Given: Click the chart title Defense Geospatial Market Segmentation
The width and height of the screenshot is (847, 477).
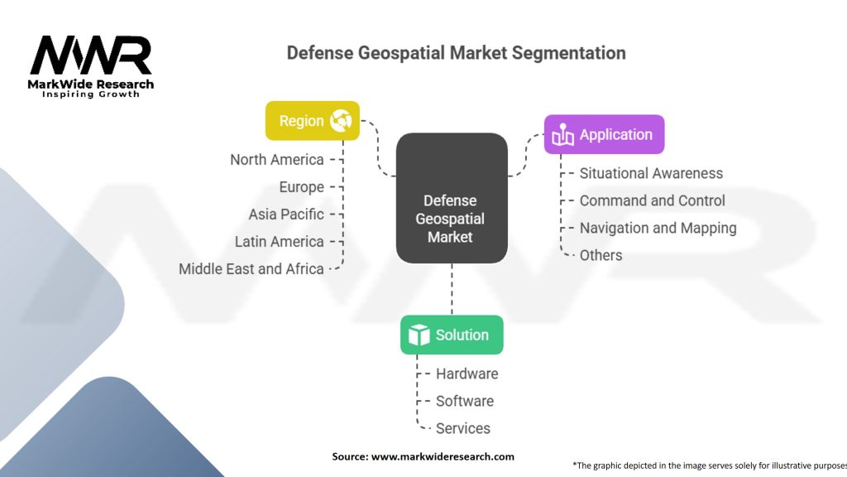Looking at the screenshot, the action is (x=456, y=53).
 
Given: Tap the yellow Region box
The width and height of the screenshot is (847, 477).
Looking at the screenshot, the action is (x=312, y=121).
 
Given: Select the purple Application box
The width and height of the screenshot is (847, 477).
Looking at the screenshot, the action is (x=604, y=134).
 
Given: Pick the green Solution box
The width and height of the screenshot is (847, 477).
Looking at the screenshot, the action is (x=452, y=335).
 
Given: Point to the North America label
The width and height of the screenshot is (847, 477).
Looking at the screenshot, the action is (x=277, y=160).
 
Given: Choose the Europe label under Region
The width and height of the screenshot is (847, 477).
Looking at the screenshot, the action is (x=301, y=187).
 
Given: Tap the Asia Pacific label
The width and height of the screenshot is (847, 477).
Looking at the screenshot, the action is (x=286, y=214).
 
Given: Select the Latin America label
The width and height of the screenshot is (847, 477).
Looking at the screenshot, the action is (x=279, y=242).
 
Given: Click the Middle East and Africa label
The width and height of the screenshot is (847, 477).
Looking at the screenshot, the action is (x=251, y=269).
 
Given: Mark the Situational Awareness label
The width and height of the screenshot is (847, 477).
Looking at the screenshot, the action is (x=651, y=173).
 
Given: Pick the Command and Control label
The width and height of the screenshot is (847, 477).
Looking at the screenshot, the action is (x=652, y=200).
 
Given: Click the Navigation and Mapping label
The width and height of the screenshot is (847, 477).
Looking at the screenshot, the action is (x=658, y=228).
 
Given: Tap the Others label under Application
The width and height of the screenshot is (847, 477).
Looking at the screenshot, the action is (x=601, y=255).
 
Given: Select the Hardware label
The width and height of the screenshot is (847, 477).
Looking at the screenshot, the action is (x=467, y=373).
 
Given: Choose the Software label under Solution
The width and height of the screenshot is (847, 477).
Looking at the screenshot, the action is (x=464, y=401).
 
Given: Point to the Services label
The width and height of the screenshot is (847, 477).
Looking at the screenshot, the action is (x=462, y=428).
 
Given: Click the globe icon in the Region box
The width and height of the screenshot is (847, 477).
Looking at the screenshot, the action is (x=340, y=121).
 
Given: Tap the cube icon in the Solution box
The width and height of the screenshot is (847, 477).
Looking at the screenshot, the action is (x=419, y=335).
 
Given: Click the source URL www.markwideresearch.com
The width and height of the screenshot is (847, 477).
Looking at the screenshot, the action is (x=443, y=456).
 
